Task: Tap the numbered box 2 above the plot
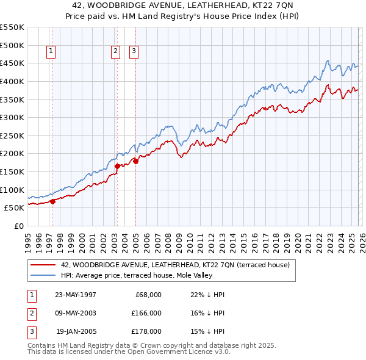tap(115, 52)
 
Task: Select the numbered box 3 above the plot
tap(134, 52)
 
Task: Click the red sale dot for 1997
tap(52, 201)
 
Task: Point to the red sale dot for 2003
tap(117, 165)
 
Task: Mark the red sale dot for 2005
tap(135, 161)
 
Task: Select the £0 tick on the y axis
tap(18, 226)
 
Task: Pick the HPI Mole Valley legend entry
tap(153, 275)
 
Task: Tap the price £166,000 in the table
tap(146, 313)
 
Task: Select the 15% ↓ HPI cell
tap(203, 331)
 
